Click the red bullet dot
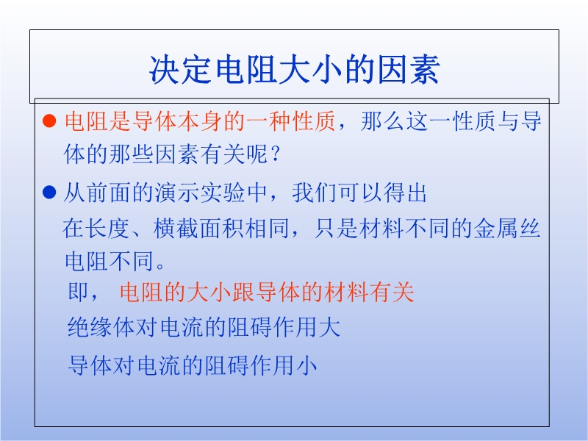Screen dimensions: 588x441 coord(49,121)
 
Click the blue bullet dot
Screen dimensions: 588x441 coord(49,193)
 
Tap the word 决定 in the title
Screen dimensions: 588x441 coord(182,69)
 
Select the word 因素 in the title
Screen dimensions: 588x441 coord(409,69)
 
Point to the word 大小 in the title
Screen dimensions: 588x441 coord(310,69)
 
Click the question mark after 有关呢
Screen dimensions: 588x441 coord(276,154)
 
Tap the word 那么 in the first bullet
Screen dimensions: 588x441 coord(382,121)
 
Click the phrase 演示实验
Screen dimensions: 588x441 coord(201,193)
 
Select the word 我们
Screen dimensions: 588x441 coord(315,193)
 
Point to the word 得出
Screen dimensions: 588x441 coord(405,193)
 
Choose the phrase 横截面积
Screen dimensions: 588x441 coord(198,229)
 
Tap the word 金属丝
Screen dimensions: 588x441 coord(507,229)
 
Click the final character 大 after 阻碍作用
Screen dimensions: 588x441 coord(330,326)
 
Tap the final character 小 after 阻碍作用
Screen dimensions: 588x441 coord(306,365)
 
